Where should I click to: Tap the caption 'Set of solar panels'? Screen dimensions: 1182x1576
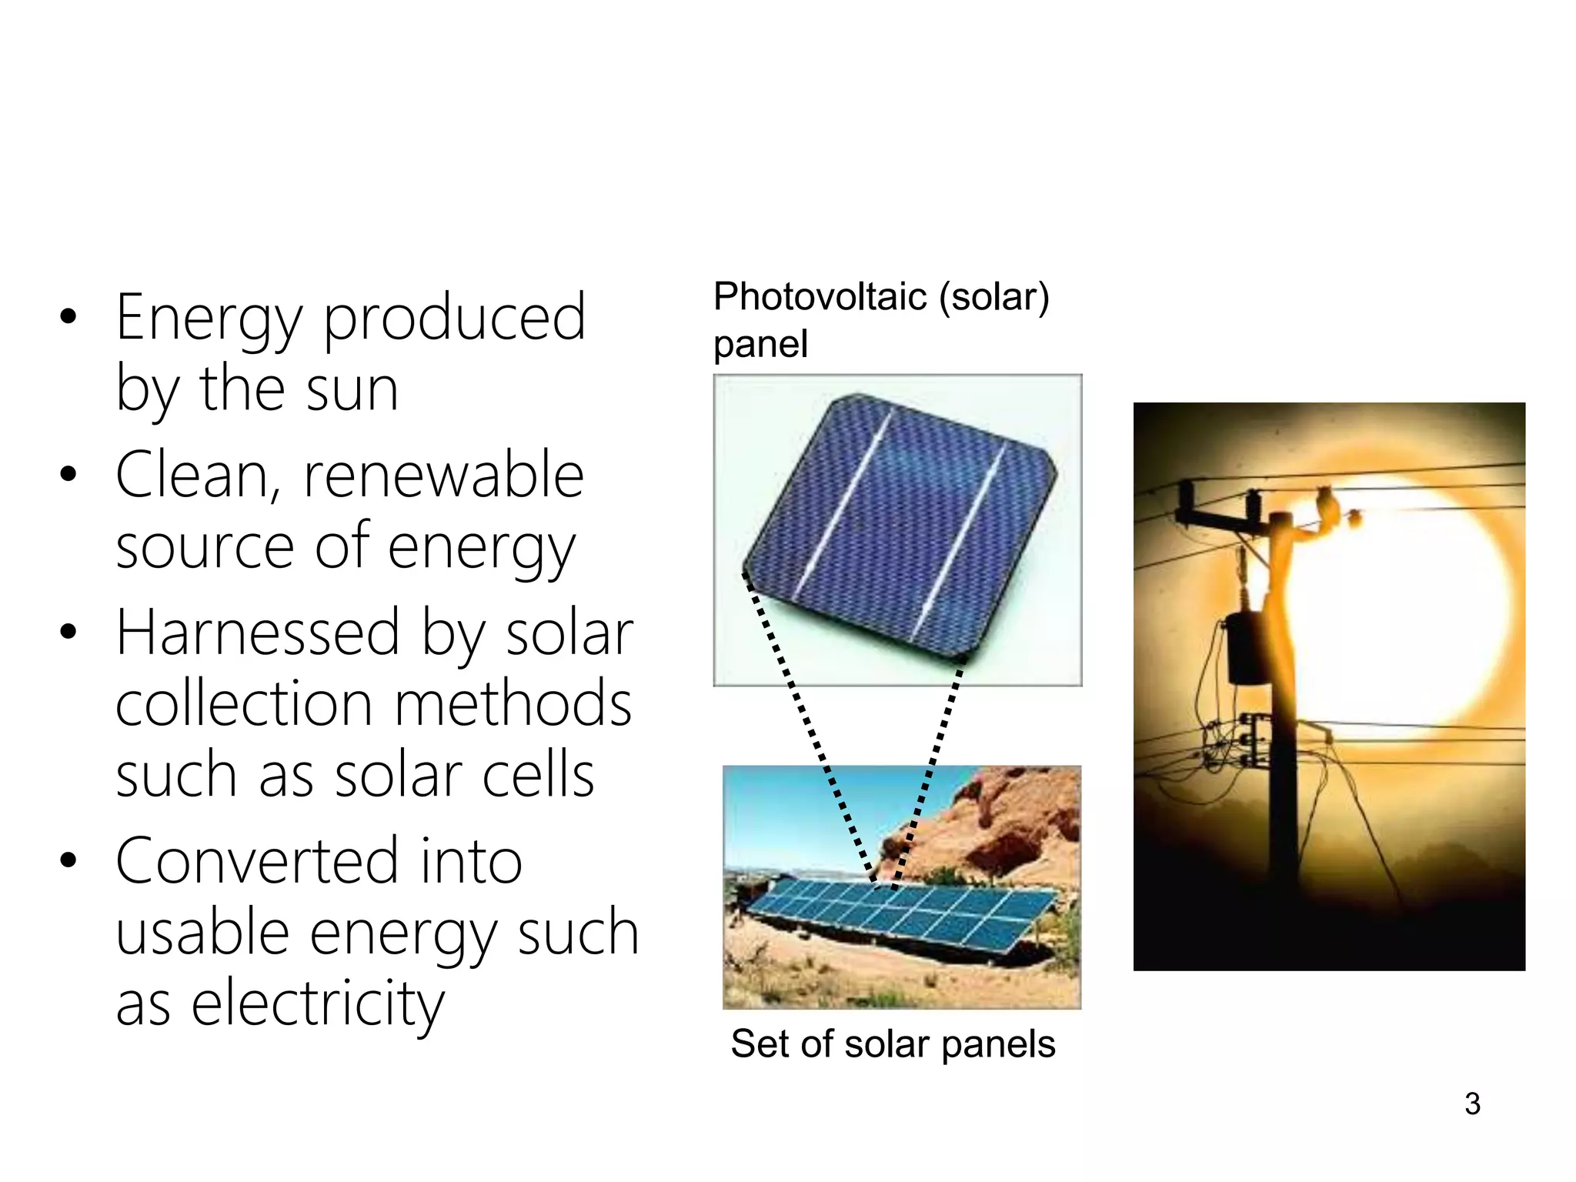click(893, 1044)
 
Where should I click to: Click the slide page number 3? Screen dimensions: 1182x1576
click(1472, 1104)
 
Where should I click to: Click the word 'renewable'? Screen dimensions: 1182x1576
click(444, 476)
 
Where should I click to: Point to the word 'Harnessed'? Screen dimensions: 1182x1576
click(258, 633)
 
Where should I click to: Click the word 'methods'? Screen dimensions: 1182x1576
click(513, 703)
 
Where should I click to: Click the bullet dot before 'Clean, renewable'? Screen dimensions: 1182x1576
click(68, 474)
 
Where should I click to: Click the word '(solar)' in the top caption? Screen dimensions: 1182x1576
click(993, 298)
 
